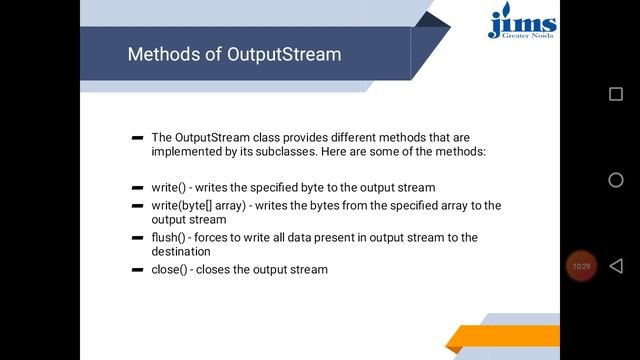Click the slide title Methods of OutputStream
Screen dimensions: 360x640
pyautogui.click(x=234, y=54)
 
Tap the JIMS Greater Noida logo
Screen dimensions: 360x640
pyautogui.click(x=522, y=22)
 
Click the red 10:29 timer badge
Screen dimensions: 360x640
pyautogui.click(x=581, y=266)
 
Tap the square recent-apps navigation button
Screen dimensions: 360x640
pyautogui.click(x=616, y=94)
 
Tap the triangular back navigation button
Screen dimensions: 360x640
pyautogui.click(x=616, y=266)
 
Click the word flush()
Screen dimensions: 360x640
pyautogui.click(x=170, y=238)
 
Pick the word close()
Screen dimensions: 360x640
pyautogui.click(x=170, y=270)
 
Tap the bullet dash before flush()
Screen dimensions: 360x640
pyautogui.click(x=137, y=238)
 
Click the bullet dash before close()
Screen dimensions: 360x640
pyautogui.click(x=137, y=270)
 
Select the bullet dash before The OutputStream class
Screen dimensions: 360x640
pyautogui.click(x=137, y=137)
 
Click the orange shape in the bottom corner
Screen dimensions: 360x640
pyautogui.click(x=500, y=338)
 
